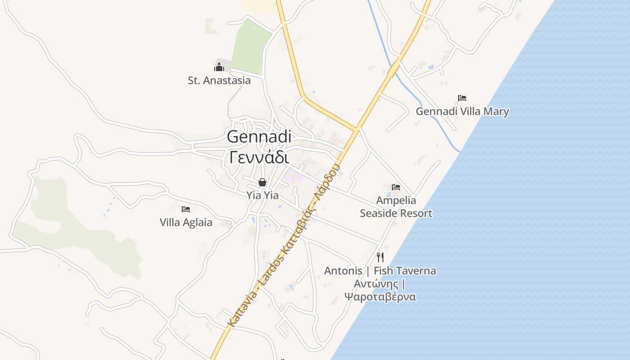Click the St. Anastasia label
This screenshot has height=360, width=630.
coord(219,81)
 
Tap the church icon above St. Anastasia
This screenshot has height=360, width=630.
coord(219,67)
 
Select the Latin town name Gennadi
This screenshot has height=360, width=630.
coord(259,137)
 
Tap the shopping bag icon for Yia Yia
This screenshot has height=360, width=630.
coord(262,182)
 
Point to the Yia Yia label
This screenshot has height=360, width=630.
coord(262,196)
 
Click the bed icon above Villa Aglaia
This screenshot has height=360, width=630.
coord(186,209)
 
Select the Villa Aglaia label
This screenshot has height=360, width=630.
coord(186,222)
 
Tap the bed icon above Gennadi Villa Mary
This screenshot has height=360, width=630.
coord(462,98)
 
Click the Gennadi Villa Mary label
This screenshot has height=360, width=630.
coord(462,112)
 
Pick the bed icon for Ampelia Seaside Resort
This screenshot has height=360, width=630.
coord(396,187)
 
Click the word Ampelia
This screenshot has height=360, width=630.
coord(396,200)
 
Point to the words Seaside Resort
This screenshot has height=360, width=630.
coord(396,213)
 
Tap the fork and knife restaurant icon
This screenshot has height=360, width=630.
coord(380,257)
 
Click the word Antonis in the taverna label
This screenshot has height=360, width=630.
coord(343,271)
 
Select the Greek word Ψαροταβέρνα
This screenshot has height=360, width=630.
coord(380,297)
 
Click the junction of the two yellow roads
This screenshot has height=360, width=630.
coord(356,130)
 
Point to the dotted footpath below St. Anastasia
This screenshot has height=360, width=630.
coord(233,97)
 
